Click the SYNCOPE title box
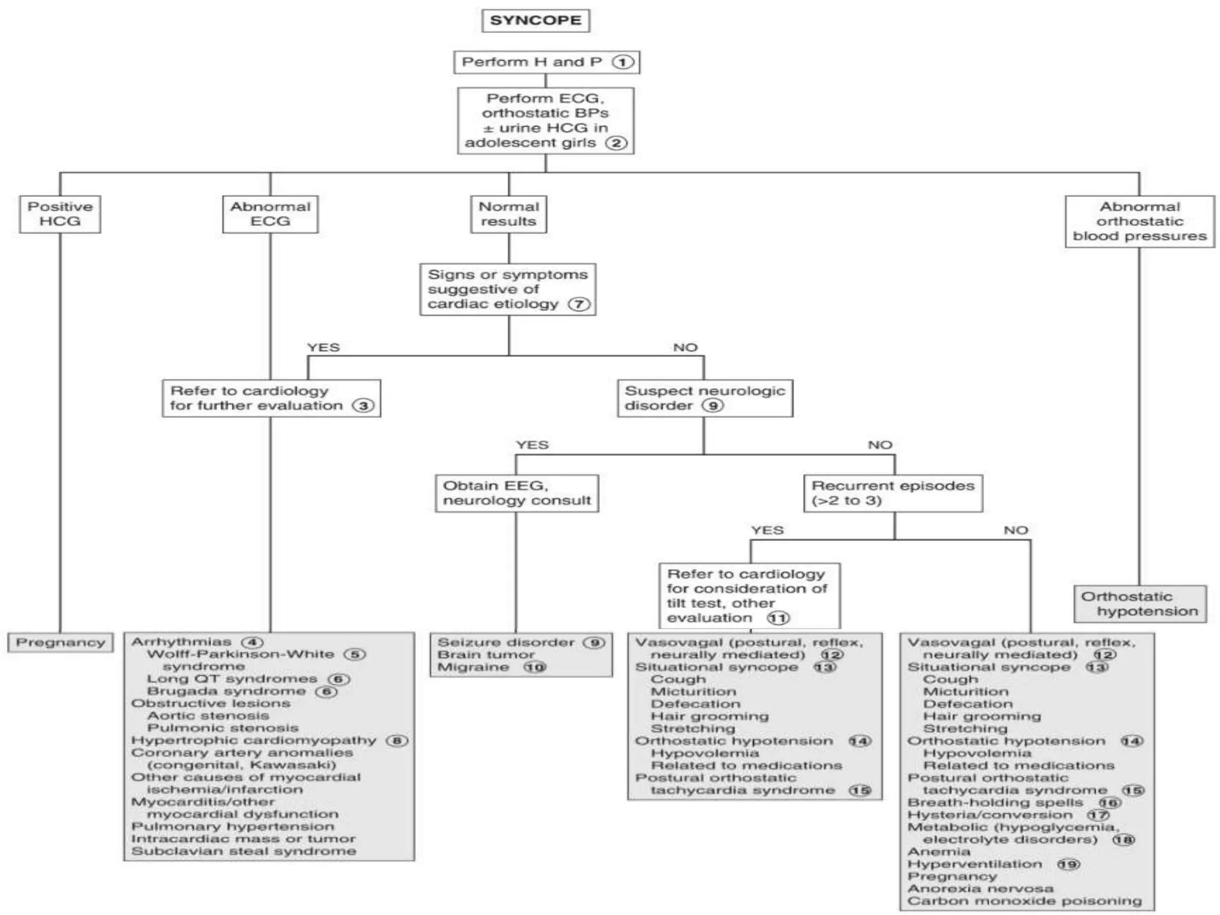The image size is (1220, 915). [535, 20]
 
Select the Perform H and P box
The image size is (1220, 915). [546, 62]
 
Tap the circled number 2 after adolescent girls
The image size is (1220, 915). [616, 143]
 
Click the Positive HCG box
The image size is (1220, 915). [60, 214]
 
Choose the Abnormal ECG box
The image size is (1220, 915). [270, 214]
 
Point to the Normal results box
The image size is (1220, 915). [508, 214]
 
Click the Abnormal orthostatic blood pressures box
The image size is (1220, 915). [1139, 221]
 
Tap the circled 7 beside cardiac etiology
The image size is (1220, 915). [578, 304]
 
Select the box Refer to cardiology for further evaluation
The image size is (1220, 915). [271, 398]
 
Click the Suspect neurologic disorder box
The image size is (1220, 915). [704, 398]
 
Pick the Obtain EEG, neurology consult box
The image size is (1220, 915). [516, 493]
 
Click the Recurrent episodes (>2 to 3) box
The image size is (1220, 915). [892, 493]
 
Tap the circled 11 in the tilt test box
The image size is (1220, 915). [778, 618]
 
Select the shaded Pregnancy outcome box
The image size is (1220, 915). [60, 642]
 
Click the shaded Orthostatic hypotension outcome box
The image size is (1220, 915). [1140, 603]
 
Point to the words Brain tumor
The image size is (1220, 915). [486, 655]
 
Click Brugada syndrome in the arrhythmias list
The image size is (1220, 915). [226, 691]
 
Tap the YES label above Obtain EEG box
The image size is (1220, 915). [532, 445]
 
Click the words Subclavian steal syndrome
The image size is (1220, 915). [244, 851]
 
